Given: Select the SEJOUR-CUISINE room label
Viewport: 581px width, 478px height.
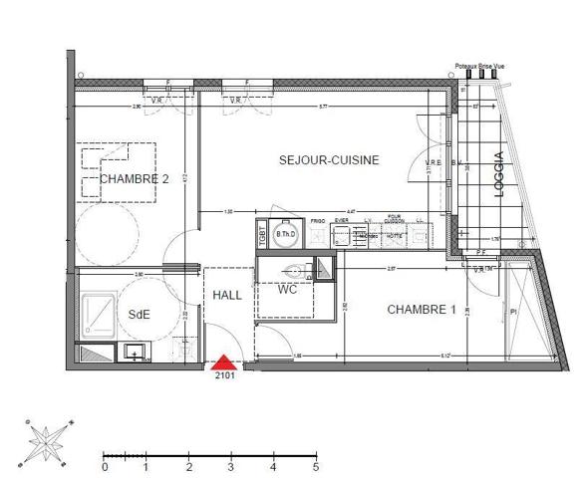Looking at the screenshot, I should pyautogui.click(x=328, y=159).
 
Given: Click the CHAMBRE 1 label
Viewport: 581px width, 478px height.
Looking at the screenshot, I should pyautogui.click(x=421, y=310).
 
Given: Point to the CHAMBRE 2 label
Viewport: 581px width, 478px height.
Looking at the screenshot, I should pyautogui.click(x=135, y=179).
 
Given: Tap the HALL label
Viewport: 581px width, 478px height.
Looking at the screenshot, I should pyautogui.click(x=227, y=297).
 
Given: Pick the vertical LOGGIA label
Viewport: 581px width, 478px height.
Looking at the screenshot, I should pyautogui.click(x=498, y=175).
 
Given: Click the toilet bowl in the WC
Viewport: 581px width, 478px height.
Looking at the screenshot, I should pyautogui.click(x=295, y=269).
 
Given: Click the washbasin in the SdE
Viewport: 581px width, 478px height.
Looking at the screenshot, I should pyautogui.click(x=132, y=351).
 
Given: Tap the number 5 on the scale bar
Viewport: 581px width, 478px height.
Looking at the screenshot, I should pyautogui.click(x=316, y=465).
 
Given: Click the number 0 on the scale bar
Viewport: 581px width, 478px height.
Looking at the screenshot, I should pyautogui.click(x=105, y=465).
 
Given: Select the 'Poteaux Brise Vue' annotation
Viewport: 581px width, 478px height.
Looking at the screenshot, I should pyautogui.click(x=479, y=65).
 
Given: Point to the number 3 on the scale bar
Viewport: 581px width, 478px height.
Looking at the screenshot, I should pyautogui.click(x=231, y=465).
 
